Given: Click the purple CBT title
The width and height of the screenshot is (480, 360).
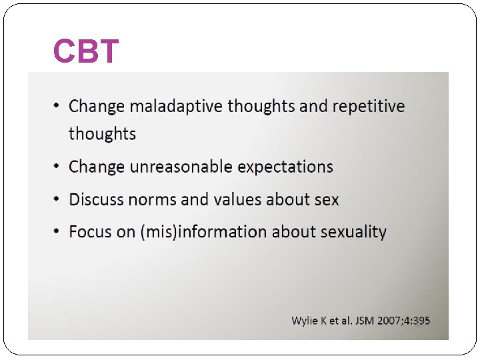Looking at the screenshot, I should [86, 51].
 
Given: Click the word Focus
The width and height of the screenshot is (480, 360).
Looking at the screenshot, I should [90, 232].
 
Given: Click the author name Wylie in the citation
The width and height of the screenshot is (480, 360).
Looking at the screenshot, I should [305, 321].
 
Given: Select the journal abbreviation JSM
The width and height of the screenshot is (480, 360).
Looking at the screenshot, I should [364, 321].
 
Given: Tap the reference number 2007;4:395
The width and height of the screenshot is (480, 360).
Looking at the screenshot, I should [405, 321].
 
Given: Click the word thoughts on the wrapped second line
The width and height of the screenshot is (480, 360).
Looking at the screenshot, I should [102, 134].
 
